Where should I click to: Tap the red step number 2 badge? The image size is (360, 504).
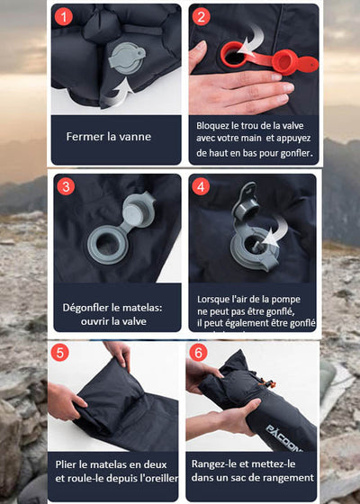point(202,17)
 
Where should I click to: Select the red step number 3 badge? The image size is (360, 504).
point(65,187)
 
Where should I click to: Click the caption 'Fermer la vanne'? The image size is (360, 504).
point(109,138)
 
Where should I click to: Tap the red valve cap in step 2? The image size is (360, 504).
point(283,61)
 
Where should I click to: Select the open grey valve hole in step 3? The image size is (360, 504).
point(107,242)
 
